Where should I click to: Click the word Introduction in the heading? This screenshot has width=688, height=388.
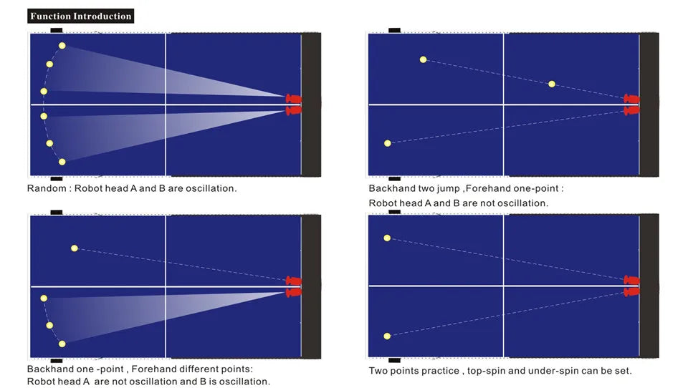tap(102, 16)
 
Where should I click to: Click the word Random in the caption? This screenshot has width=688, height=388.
tap(47, 188)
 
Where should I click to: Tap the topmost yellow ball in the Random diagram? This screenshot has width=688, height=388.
tap(62, 46)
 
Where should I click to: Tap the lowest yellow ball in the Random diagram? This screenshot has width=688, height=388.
tap(62, 162)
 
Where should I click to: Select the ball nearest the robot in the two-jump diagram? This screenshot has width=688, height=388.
tap(552, 84)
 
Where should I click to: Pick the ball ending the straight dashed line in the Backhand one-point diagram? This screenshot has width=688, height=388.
tap(75, 248)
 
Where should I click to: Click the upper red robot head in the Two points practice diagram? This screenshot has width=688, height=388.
tap(631, 280)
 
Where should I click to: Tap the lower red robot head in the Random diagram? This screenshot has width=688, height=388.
tap(294, 110)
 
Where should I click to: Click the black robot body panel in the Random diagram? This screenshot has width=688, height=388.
tap(311, 105)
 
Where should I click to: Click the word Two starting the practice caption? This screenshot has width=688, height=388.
tap(378, 371)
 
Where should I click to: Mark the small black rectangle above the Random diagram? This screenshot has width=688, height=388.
tap(57, 30)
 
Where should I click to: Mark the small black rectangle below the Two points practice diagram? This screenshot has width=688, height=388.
tap(394, 360)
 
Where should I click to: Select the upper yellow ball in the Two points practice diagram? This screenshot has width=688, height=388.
tap(387, 238)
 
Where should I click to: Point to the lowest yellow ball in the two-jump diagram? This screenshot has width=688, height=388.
tap(388, 143)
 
